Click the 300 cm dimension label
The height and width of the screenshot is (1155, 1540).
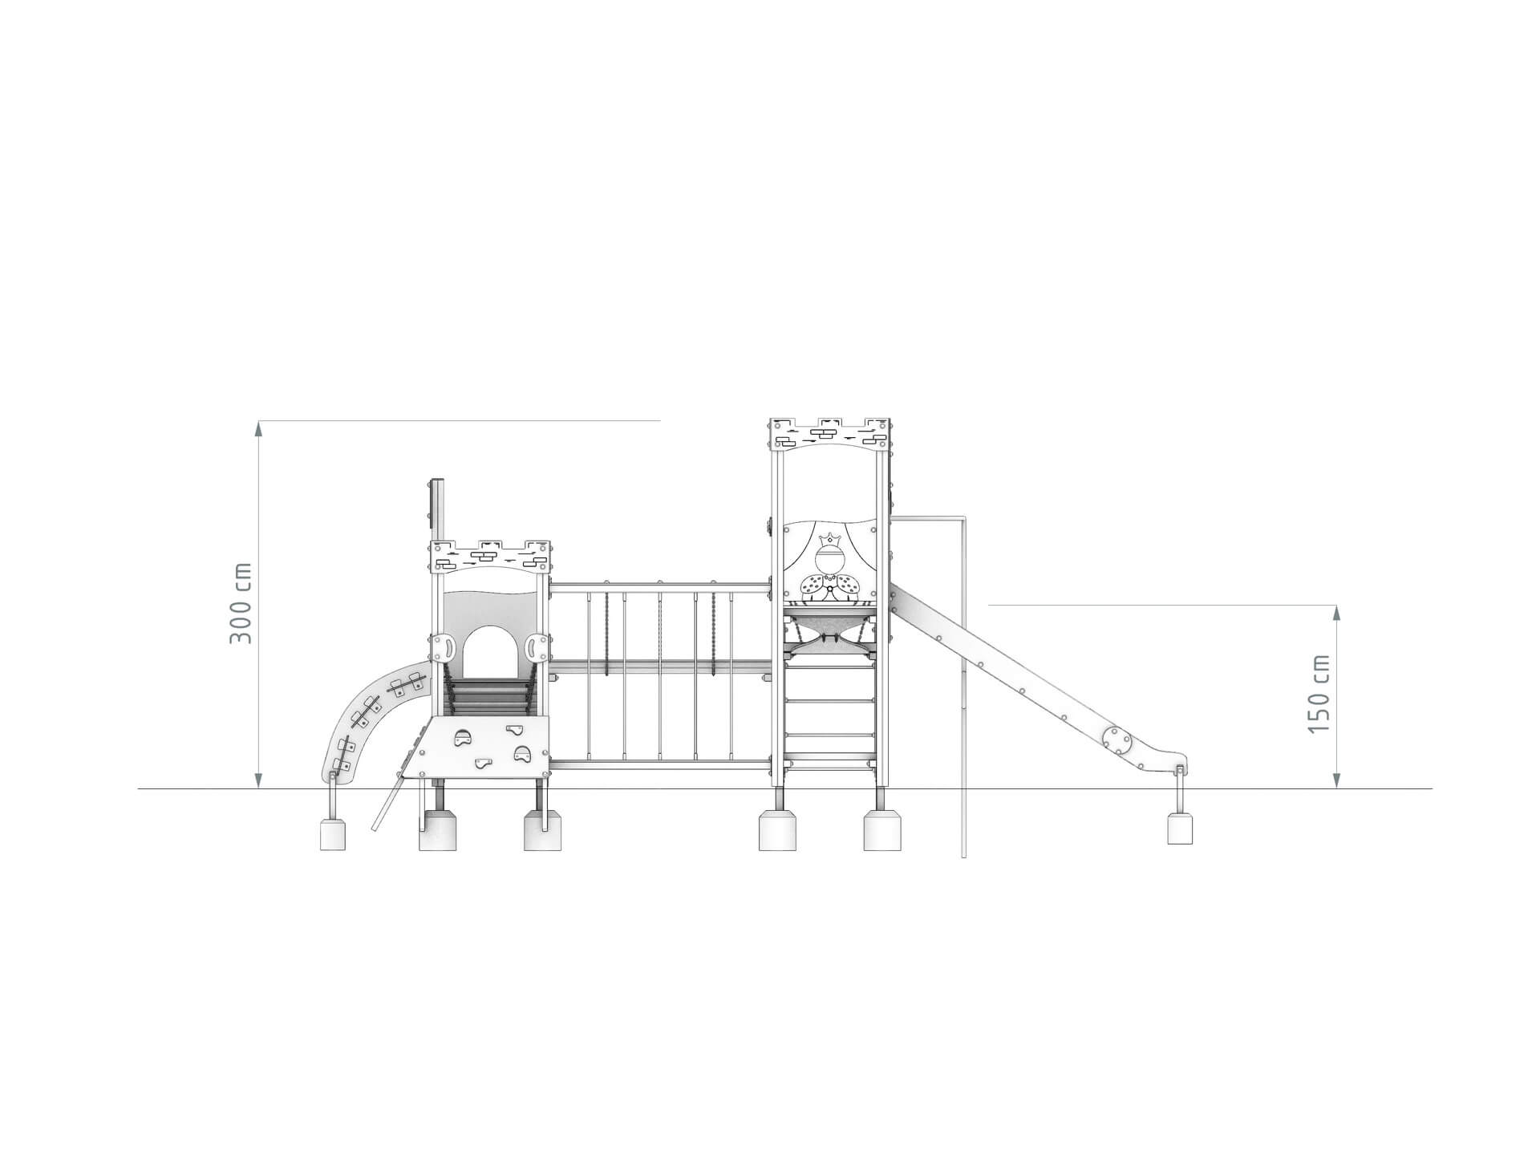(x=241, y=602)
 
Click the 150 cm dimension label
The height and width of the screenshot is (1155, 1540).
(x=1319, y=693)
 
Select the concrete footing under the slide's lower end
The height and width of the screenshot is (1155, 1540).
(x=1179, y=828)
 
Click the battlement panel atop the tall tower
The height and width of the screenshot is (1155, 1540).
(x=829, y=434)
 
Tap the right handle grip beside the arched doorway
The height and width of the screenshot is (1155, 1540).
(x=536, y=646)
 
